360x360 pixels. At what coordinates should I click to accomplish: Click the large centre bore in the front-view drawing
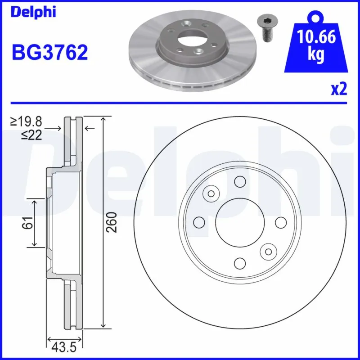239,222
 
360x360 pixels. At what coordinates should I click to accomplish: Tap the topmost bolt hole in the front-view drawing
239,181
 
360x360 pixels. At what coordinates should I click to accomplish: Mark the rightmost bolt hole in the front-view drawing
280,222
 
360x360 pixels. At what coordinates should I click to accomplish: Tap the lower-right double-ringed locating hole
269,251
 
